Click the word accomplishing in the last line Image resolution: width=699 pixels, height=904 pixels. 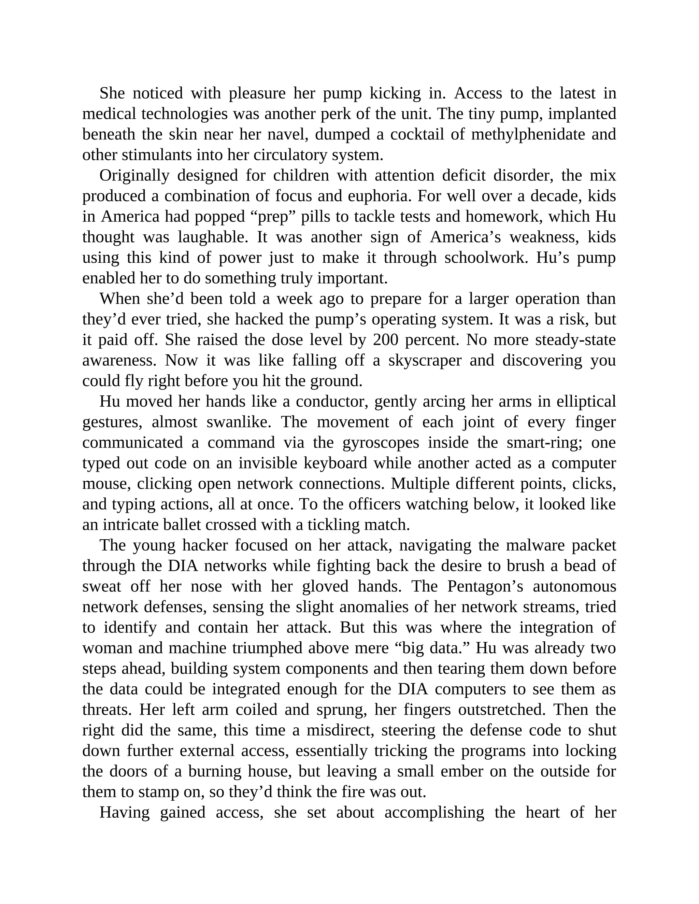[434, 813]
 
